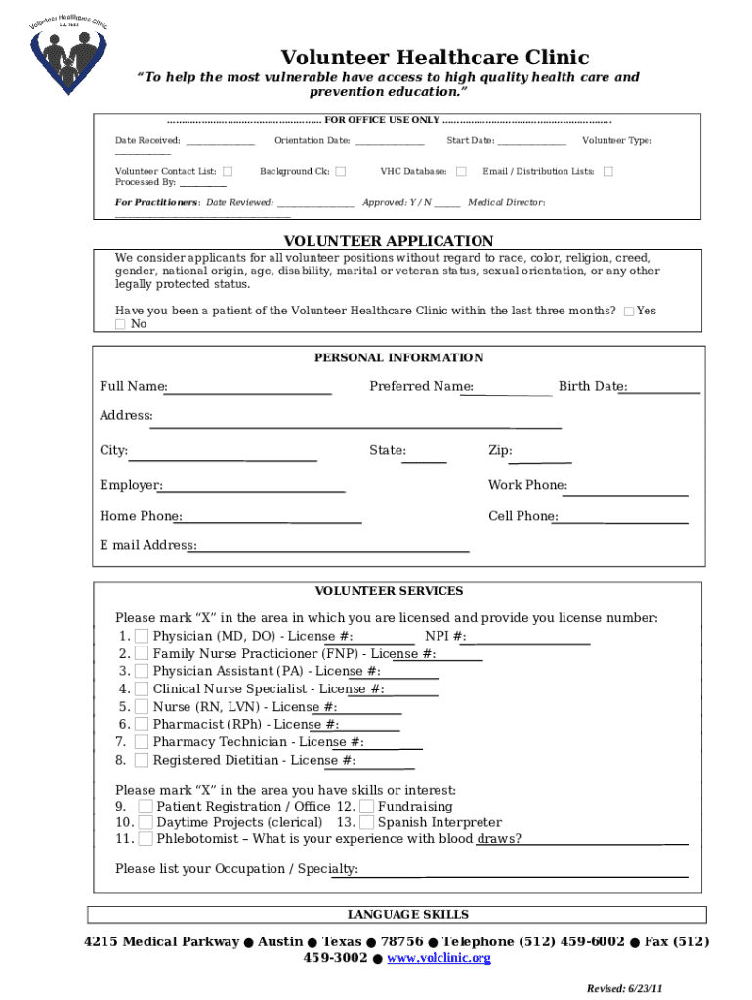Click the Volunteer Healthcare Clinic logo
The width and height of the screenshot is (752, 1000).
click(x=67, y=51)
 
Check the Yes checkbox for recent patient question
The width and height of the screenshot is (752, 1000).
click(x=629, y=312)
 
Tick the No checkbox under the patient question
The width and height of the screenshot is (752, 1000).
click(x=121, y=324)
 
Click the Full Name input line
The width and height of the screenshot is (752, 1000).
click(x=249, y=388)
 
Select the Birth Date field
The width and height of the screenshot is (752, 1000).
click(x=663, y=387)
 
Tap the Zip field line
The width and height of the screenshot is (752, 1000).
click(x=542, y=456)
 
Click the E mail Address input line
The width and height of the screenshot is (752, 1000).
click(x=332, y=547)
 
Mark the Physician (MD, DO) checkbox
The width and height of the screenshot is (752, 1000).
click(x=142, y=637)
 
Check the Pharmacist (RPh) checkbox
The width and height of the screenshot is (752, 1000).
click(x=142, y=725)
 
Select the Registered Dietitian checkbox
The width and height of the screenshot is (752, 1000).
click(x=142, y=760)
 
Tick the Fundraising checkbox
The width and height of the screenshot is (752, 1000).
click(x=366, y=807)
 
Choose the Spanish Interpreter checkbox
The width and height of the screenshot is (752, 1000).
click(x=366, y=823)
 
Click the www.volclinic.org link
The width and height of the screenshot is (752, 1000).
click(x=439, y=959)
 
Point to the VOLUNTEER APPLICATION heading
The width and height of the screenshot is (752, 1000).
click(x=388, y=241)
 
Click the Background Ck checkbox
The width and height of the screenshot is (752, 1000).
click(x=341, y=172)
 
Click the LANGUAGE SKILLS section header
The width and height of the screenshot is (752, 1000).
click(x=408, y=915)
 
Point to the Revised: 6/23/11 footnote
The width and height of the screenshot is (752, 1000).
click(x=625, y=988)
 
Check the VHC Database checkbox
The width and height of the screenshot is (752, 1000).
click(x=462, y=172)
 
